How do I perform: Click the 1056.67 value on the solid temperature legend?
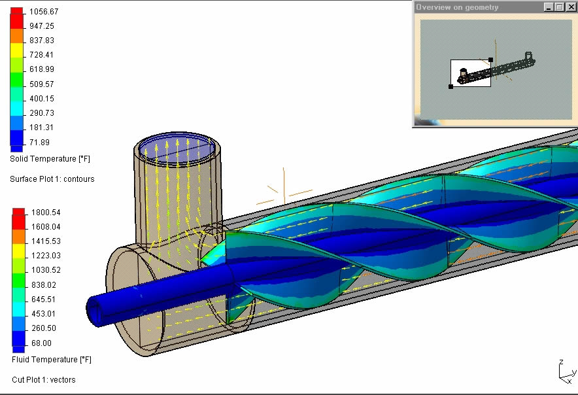tap(43, 12)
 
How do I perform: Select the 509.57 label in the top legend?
tap(41, 84)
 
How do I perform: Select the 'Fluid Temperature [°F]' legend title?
tap(52, 360)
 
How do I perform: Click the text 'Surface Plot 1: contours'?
tap(52, 179)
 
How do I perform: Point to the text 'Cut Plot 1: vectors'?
tap(44, 380)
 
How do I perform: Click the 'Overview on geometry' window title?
tap(457, 7)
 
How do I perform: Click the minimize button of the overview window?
tap(549, 7)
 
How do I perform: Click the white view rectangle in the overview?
tap(471, 73)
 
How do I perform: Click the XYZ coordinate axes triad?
tap(564, 371)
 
